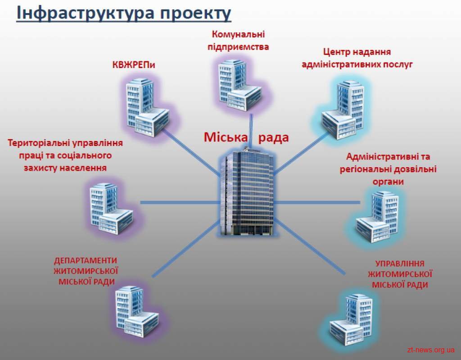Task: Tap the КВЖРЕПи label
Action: tap(133, 65)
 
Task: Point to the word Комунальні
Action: tap(238, 34)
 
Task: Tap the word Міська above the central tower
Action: tap(226, 137)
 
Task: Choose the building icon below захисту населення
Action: tap(111, 209)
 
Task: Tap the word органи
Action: tap(388, 182)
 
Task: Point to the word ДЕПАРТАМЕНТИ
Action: tap(86, 260)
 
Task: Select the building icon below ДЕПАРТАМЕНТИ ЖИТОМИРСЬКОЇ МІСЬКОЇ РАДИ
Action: tap(137, 312)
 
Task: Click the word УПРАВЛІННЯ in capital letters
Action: tap(400, 264)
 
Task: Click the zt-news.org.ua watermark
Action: tap(431, 350)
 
